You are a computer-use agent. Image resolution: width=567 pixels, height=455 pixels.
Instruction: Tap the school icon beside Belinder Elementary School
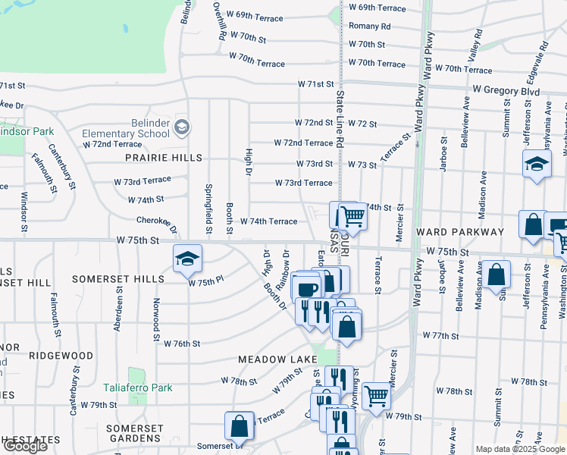(180, 127)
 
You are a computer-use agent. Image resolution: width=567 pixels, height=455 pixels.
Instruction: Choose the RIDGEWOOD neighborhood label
(62, 355)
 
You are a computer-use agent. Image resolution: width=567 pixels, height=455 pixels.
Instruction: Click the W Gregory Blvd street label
(506, 92)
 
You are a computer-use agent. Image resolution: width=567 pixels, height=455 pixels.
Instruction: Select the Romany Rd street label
(369, 26)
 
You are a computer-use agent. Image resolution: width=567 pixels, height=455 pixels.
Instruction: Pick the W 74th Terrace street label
(268, 221)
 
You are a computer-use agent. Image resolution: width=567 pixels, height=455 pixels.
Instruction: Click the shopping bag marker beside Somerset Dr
(239, 426)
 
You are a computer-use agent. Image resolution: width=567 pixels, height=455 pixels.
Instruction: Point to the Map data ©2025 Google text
(520, 449)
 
